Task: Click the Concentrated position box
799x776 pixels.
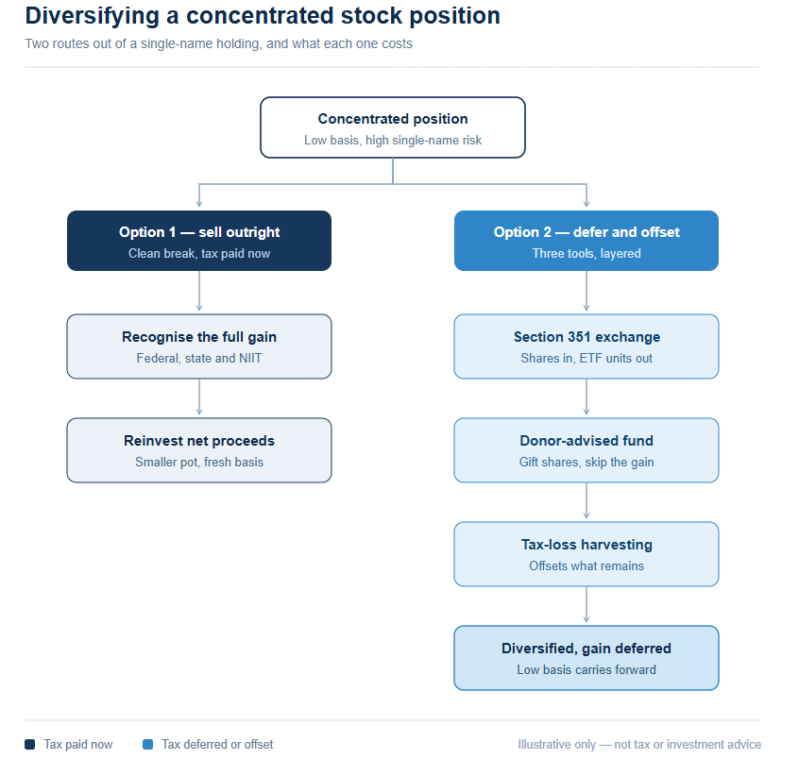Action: [x=392, y=127]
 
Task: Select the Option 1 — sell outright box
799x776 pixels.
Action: [x=198, y=241]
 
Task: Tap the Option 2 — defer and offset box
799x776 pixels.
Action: [x=586, y=241]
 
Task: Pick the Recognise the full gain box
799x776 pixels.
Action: [x=198, y=346]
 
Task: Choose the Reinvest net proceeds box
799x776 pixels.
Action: [x=198, y=450]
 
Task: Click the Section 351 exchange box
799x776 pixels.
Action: [x=586, y=346]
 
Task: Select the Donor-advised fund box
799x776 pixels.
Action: [x=586, y=450]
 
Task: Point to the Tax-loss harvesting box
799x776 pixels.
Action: [x=586, y=554]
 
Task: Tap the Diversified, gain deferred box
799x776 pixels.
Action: [x=586, y=658]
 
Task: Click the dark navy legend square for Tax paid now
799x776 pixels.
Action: [x=30, y=745]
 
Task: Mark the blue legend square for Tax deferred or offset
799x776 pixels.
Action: [x=147, y=745]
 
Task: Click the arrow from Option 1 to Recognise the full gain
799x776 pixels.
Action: [x=199, y=291]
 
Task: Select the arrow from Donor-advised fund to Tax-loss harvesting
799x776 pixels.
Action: [x=586, y=500]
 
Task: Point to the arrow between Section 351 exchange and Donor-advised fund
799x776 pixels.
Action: [x=586, y=396]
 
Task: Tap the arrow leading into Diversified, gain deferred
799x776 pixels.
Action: [x=586, y=604]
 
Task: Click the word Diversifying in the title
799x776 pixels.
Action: [x=93, y=16]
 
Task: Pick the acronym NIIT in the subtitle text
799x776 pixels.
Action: [x=250, y=359]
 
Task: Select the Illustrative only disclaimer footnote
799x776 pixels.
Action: [x=639, y=745]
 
